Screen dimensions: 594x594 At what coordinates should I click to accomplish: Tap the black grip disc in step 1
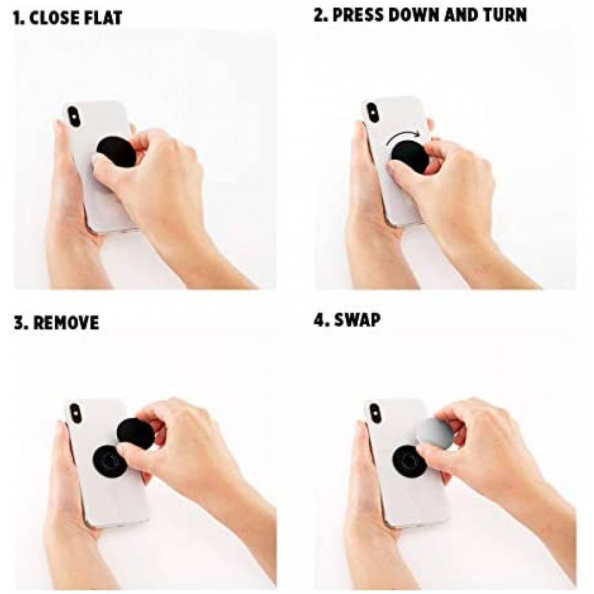[x=111, y=148]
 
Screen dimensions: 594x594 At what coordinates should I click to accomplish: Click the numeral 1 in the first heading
[x=17, y=18]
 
